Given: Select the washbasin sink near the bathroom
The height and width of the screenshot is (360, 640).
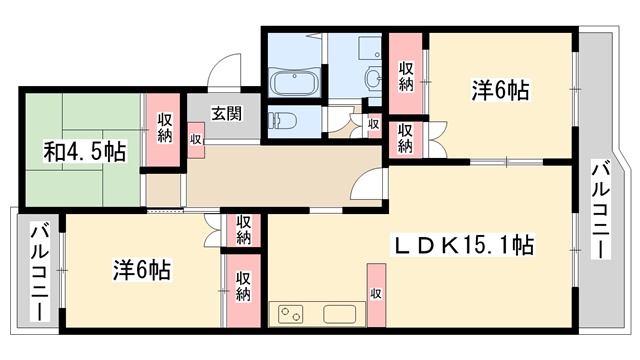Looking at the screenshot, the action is pyautogui.click(x=373, y=77).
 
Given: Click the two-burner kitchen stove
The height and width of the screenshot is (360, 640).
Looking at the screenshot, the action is pyautogui.click(x=291, y=314).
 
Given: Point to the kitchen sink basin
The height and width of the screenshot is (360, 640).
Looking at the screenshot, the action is pyautogui.click(x=340, y=314).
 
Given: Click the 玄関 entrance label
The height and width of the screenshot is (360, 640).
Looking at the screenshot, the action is pyautogui.click(x=227, y=113).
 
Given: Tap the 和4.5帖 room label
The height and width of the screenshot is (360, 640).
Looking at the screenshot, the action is pyautogui.click(x=84, y=151).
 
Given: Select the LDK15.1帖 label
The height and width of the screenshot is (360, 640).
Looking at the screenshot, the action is pyautogui.click(x=463, y=245).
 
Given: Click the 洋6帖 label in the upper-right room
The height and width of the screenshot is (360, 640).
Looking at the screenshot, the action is pyautogui.click(x=501, y=90).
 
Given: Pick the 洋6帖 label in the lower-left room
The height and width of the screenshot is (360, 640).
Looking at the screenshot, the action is pyautogui.click(x=142, y=270).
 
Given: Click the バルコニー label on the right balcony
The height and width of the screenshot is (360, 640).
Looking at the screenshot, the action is pyautogui.click(x=601, y=210).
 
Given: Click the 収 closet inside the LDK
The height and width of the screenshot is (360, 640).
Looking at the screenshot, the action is pyautogui.click(x=376, y=295).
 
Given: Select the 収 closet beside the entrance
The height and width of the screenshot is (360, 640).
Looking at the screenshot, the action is pyautogui.click(x=196, y=140).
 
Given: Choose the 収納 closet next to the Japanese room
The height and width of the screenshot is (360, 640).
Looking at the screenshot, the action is pyautogui.click(x=164, y=130).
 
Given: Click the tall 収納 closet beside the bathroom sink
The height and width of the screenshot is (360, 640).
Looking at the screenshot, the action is pyautogui.click(x=405, y=73).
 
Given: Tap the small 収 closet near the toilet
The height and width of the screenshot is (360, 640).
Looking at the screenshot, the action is pyautogui.click(x=373, y=124).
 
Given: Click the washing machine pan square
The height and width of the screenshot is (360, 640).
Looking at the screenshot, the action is pyautogui.click(x=369, y=50).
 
